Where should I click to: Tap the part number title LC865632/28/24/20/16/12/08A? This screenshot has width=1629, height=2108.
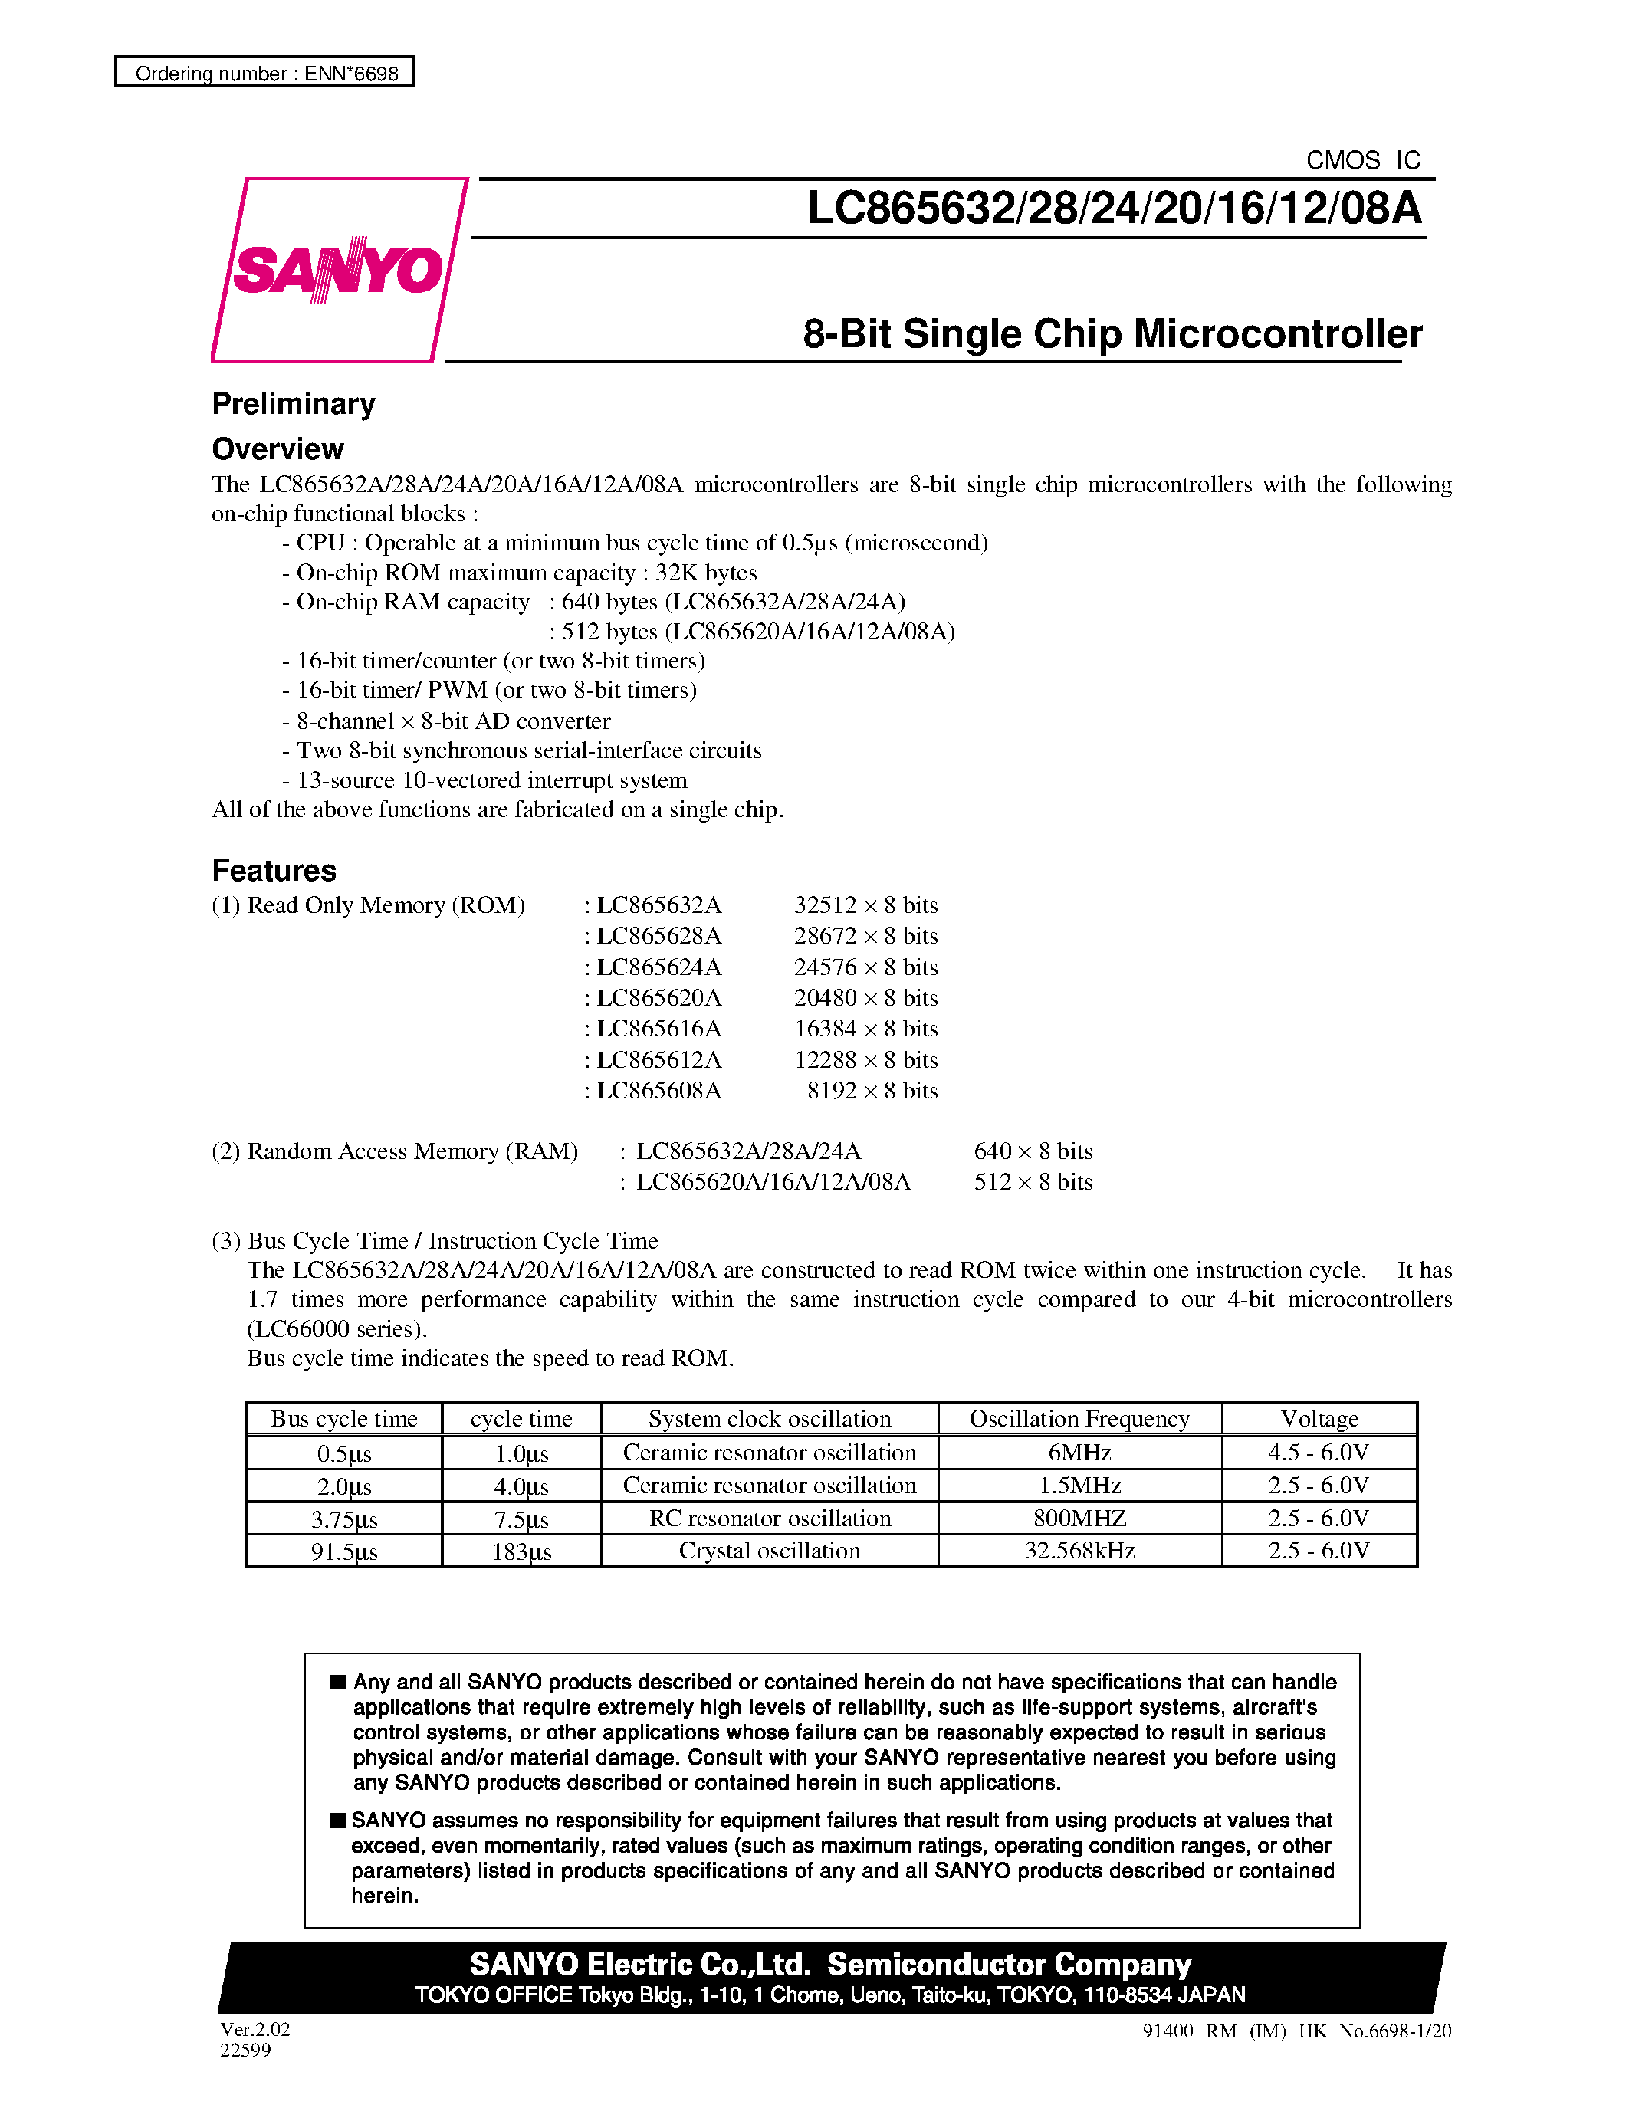coord(1114,209)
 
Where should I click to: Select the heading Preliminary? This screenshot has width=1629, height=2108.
coord(294,403)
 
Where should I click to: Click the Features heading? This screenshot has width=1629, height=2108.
coord(274,871)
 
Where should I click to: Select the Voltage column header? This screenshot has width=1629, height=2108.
coord(1319,1419)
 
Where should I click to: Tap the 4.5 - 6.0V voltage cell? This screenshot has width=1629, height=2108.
coord(1319,1453)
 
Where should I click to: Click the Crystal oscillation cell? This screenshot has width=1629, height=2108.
coord(769,1551)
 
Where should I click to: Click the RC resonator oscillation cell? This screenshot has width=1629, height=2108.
coord(769,1519)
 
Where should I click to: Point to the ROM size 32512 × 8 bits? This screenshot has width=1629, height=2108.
coord(865,905)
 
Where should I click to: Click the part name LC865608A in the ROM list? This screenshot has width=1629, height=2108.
coord(658,1091)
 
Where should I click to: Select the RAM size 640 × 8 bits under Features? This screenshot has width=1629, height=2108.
coord(1033,1151)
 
